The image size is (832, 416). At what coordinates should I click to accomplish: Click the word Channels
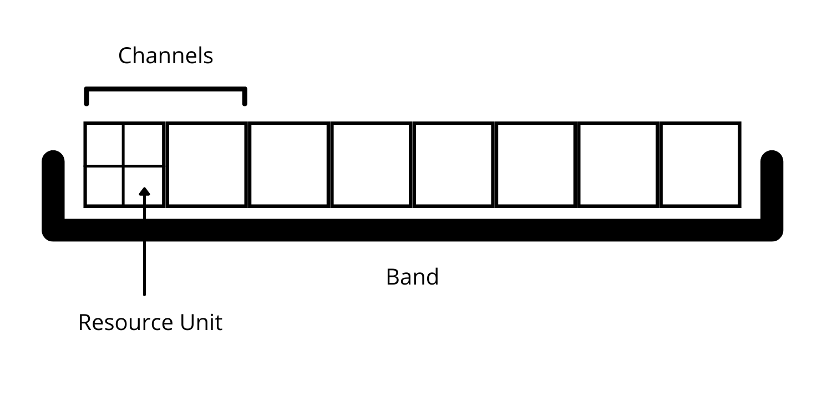(165, 56)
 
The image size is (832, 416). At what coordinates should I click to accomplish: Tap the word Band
(412, 277)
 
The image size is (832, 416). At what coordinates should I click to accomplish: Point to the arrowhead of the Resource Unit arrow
(144, 191)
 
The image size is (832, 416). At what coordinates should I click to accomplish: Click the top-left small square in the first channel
(104, 144)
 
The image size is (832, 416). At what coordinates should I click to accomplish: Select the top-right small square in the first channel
(143, 144)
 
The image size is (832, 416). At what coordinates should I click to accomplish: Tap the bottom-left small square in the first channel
(104, 186)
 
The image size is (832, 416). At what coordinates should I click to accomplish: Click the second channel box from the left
(206, 164)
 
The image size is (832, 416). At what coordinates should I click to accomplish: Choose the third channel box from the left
(289, 164)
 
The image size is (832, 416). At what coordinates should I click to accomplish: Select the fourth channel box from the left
(371, 164)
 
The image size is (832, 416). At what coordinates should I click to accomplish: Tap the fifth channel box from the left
(453, 164)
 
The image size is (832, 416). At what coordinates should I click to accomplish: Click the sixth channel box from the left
(536, 164)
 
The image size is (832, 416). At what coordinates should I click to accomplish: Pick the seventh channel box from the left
(618, 164)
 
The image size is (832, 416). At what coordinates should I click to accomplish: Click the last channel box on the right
(700, 164)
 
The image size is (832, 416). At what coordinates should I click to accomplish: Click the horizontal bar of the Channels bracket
(165, 89)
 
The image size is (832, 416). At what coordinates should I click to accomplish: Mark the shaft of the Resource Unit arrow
(144, 250)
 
